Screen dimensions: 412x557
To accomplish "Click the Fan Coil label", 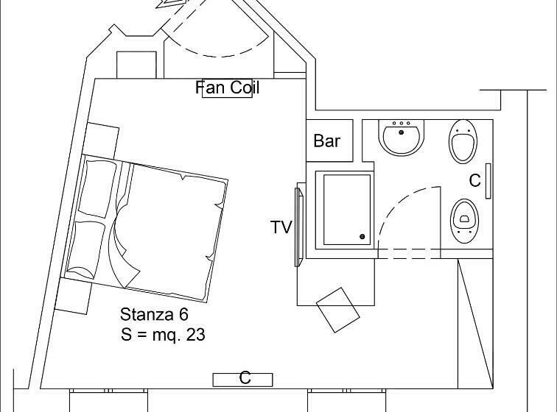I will [228, 88].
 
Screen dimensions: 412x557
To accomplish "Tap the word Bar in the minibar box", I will [326, 141].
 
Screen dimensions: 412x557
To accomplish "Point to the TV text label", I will [281, 227].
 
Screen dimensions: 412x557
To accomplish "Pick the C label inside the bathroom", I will [475, 180].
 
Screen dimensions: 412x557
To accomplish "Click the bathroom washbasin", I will [402, 138].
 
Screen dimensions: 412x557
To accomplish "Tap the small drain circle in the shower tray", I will [362, 236].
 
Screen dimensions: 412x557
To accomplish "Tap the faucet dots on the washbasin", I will [402, 124].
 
